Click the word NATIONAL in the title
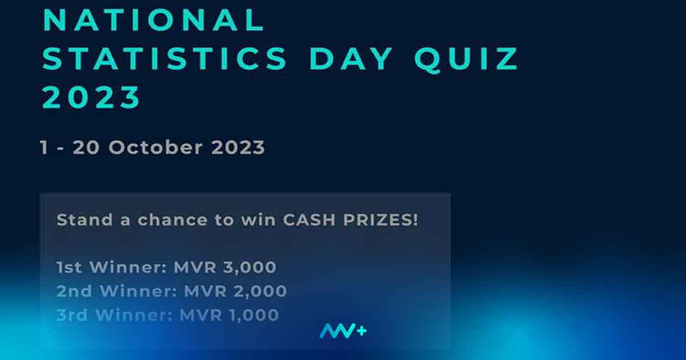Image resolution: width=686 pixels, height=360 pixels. click(153, 20)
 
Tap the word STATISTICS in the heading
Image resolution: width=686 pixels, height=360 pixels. click(165, 59)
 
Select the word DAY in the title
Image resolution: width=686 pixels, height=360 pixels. click(351, 59)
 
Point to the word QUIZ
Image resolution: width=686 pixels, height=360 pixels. click(466, 59)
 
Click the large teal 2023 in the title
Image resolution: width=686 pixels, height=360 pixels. click(91, 97)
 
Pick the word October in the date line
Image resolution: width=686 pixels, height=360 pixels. click(155, 147)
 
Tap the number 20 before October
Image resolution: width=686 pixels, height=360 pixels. click(86, 147)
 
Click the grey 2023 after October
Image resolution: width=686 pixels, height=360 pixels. click(238, 147)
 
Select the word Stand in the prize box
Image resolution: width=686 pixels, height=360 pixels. click(85, 219)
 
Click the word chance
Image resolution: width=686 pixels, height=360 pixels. click(173, 219)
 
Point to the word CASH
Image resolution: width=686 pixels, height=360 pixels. click(309, 220)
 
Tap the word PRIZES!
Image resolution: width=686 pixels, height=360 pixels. click(380, 220)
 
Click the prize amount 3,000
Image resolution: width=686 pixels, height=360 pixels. click(250, 267)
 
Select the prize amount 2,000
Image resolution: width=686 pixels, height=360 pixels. click(260, 291)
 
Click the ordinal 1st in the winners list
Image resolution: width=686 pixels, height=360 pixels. click(69, 267)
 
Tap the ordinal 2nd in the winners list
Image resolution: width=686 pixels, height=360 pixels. click(74, 291)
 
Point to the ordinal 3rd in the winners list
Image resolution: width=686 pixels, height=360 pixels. click(72, 315)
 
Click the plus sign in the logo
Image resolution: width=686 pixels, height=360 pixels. click(361, 331)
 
